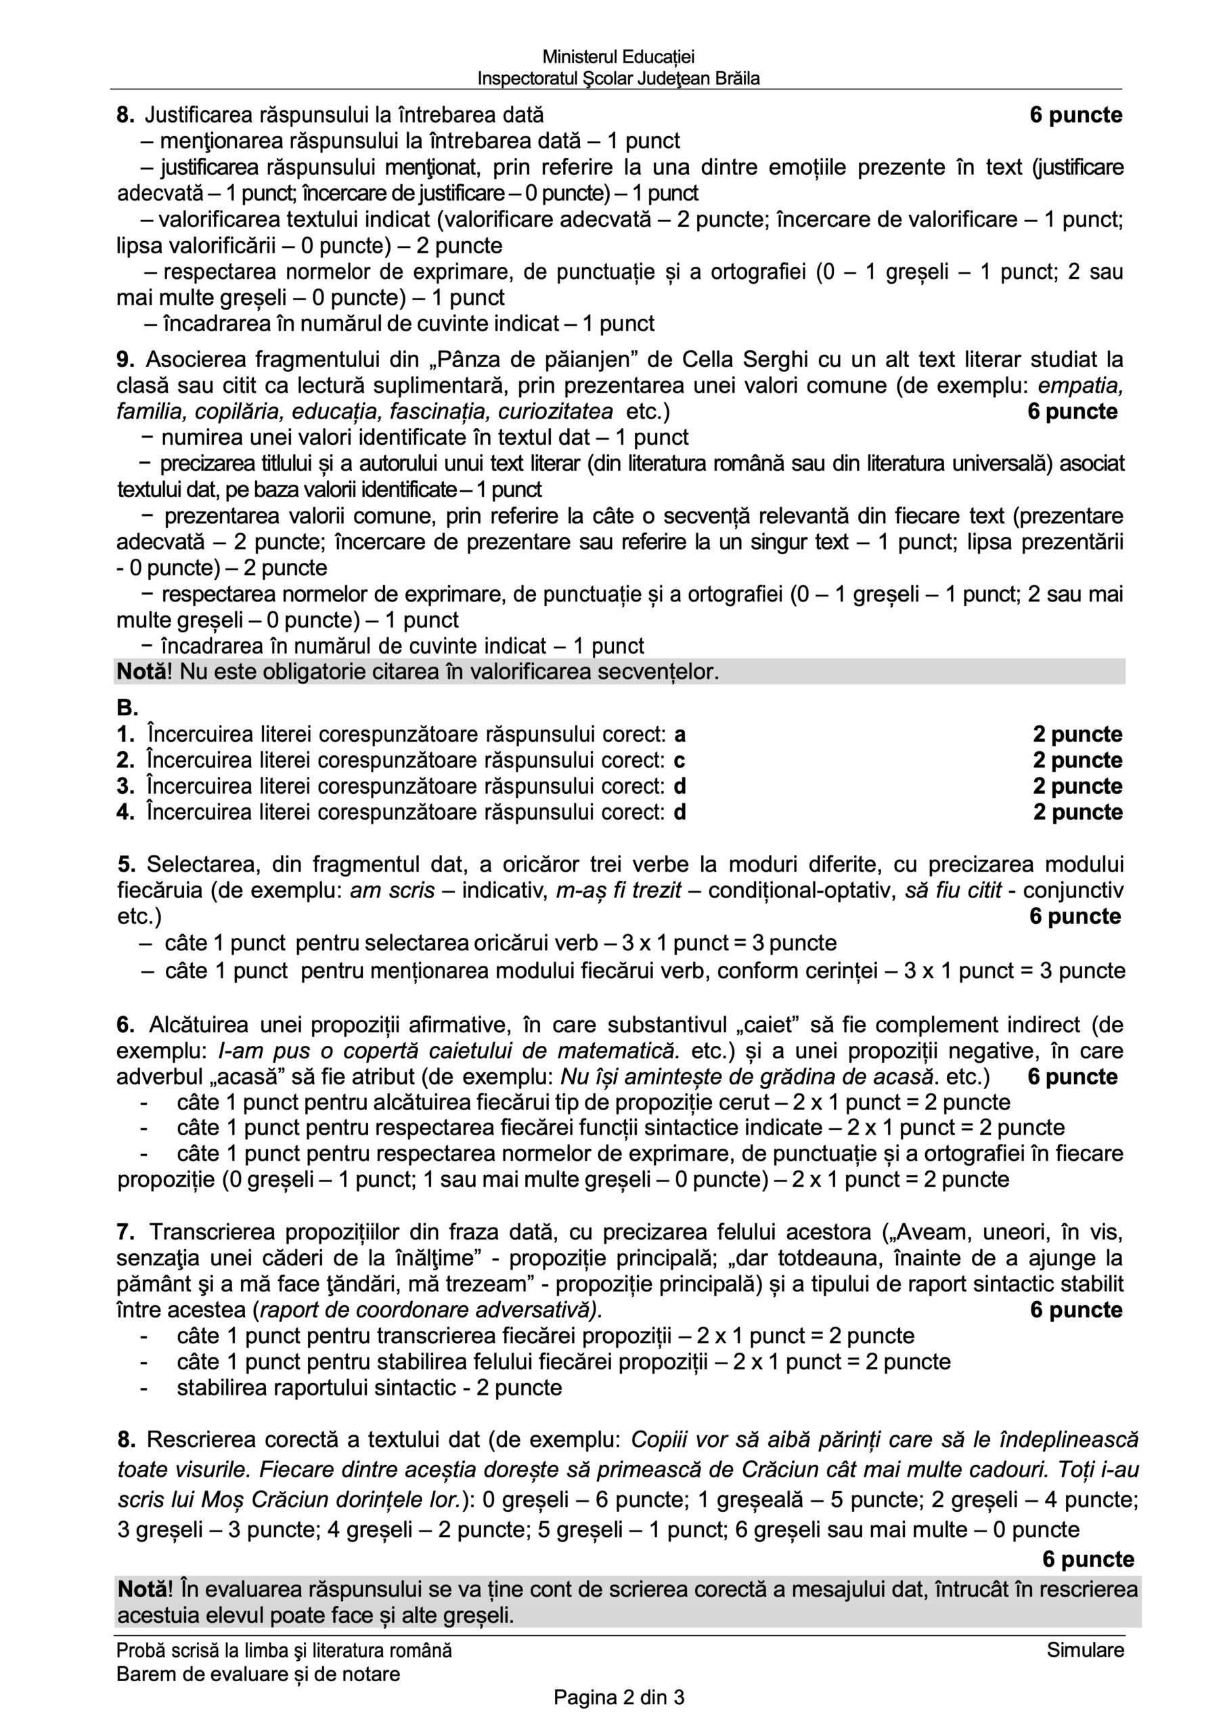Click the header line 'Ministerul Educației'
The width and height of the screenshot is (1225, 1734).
(x=618, y=57)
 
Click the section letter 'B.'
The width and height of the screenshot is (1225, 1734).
(x=127, y=708)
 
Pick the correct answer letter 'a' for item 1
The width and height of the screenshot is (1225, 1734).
(x=680, y=734)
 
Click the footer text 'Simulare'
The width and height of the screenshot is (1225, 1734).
(x=1086, y=1650)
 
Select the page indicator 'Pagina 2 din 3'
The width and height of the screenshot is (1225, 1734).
(x=619, y=1699)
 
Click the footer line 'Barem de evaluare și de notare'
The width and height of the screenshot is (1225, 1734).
(x=258, y=1674)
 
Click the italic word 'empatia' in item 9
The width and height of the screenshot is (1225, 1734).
(x=1080, y=385)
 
